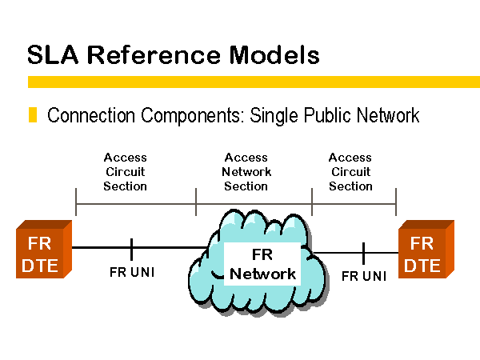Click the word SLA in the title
tap(53, 54)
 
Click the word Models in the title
tap(274, 54)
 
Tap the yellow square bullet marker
tap(33, 114)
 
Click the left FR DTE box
tap(44, 249)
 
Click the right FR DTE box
tap(426, 249)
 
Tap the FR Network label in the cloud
tap(262, 264)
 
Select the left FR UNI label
tap(132, 272)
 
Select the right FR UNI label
tap(364, 276)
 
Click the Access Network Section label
tap(246, 172)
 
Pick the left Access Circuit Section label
tap(126, 172)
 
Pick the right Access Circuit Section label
tap(350, 172)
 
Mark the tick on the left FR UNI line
tap(132, 249)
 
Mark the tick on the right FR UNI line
tap(363, 253)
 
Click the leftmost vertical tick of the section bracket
tap(76, 202)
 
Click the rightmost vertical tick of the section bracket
tap(396, 202)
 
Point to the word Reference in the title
tap(154, 54)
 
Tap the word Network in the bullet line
tap(388, 115)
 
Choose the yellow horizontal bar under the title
tap(254, 82)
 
